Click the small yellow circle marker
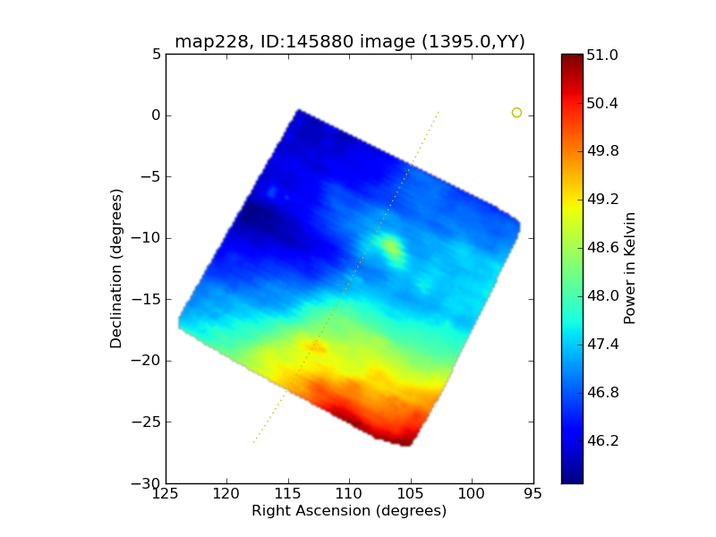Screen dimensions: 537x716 516,112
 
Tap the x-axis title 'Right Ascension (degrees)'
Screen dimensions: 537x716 349,511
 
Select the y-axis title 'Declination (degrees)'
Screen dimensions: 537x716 116,268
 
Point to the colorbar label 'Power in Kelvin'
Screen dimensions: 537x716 630,268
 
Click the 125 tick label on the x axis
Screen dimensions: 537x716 166,493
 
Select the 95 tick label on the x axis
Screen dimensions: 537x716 533,493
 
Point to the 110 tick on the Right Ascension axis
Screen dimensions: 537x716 349,493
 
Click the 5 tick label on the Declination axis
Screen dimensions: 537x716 156,54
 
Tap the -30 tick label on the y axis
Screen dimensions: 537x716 148,483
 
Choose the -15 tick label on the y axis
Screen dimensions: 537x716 148,299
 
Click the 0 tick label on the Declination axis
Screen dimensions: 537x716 156,115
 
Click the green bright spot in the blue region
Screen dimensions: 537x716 391,246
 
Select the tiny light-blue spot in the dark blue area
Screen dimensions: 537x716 272,192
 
